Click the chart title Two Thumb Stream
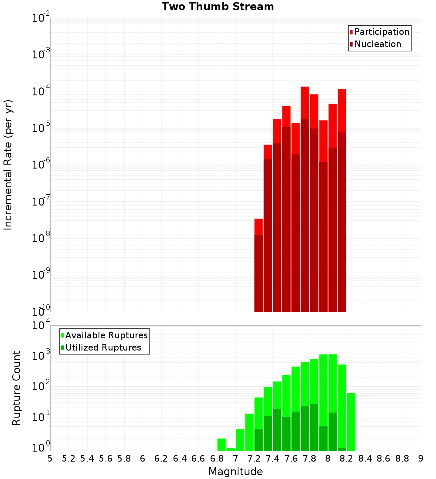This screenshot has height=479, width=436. click(218, 7)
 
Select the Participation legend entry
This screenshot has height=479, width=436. click(379, 32)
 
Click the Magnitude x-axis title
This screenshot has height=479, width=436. click(235, 472)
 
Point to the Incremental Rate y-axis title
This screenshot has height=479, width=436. click(8, 165)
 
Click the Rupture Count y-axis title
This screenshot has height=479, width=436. click(17, 388)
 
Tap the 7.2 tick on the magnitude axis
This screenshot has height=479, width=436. click(254, 459)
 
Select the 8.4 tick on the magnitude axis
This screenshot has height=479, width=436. click(365, 459)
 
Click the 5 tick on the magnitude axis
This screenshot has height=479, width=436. click(50, 459)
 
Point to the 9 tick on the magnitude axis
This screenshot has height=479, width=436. click(421, 459)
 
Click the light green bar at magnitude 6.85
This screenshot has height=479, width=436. click(221, 445)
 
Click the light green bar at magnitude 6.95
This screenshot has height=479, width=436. click(231, 449)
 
